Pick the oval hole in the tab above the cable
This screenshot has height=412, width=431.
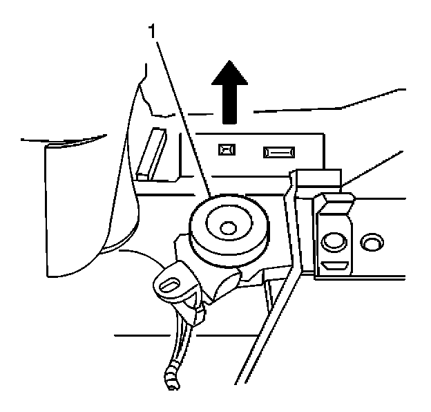coord(171,284)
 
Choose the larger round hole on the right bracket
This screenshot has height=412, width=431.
coord(333,242)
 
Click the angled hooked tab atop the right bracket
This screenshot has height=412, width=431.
coord(336,201)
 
